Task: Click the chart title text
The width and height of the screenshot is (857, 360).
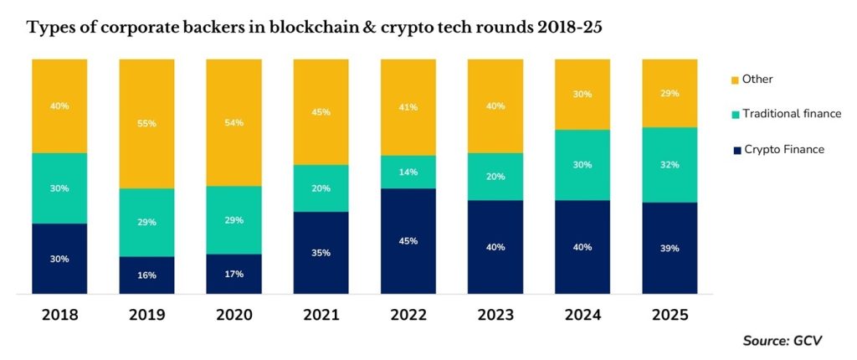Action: click(315, 28)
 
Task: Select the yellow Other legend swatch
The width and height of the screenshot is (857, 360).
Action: click(735, 80)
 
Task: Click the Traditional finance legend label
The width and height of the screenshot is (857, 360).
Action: click(793, 114)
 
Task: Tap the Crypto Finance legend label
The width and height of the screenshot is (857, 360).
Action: click(784, 149)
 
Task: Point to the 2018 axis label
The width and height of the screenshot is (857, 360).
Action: click(59, 315)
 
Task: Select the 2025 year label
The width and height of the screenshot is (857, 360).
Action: click(670, 315)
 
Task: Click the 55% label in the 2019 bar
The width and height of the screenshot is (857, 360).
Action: click(147, 122)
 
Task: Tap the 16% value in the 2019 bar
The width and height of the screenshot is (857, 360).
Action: click(147, 275)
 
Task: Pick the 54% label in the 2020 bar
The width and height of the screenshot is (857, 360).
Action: click(234, 122)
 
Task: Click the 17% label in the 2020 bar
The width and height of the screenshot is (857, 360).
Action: click(234, 274)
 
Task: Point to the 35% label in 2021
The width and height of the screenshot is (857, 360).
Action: click(321, 252)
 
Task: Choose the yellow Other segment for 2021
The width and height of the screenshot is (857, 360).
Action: click(321, 111)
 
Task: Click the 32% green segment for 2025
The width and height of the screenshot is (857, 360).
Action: click(670, 165)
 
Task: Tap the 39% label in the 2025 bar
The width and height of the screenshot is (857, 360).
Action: click(670, 249)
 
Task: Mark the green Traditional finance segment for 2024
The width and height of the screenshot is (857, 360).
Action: click(582, 165)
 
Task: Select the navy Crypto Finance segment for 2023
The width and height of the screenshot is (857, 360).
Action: click(495, 247)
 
